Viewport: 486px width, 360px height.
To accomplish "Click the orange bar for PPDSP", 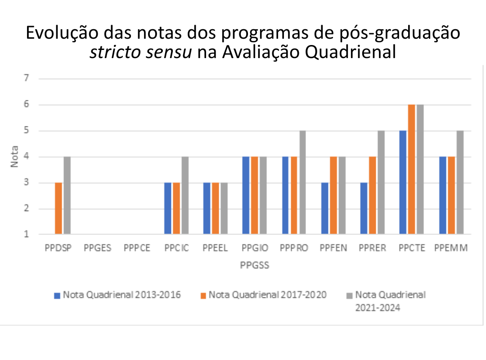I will [59, 208].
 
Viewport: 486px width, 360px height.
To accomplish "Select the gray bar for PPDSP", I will [67, 195].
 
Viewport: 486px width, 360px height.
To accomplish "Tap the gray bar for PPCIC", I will [185, 195].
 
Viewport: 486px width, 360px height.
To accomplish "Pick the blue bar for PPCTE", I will [403, 182].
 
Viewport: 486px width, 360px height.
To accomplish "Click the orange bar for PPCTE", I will [411, 169].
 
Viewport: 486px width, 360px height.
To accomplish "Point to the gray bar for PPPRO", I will [303, 182].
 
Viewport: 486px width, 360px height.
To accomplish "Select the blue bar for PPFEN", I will [324, 208].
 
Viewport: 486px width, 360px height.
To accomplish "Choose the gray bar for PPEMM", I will [460, 182].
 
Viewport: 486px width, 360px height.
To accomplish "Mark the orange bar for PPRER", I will [372, 195].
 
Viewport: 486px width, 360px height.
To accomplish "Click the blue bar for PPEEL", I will [207, 208].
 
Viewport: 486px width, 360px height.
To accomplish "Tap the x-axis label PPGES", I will [97, 248].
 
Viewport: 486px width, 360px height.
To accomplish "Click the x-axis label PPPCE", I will [137, 248].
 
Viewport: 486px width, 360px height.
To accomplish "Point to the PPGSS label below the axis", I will [255, 265].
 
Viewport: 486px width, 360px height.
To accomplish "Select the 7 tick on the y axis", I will [27, 78].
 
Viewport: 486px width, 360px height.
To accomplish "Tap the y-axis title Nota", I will [15, 157].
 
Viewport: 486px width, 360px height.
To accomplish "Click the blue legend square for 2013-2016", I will [57, 296].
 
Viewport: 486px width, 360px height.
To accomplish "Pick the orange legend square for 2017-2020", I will [203, 296].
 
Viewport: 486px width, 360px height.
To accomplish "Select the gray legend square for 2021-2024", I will [349, 296].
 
